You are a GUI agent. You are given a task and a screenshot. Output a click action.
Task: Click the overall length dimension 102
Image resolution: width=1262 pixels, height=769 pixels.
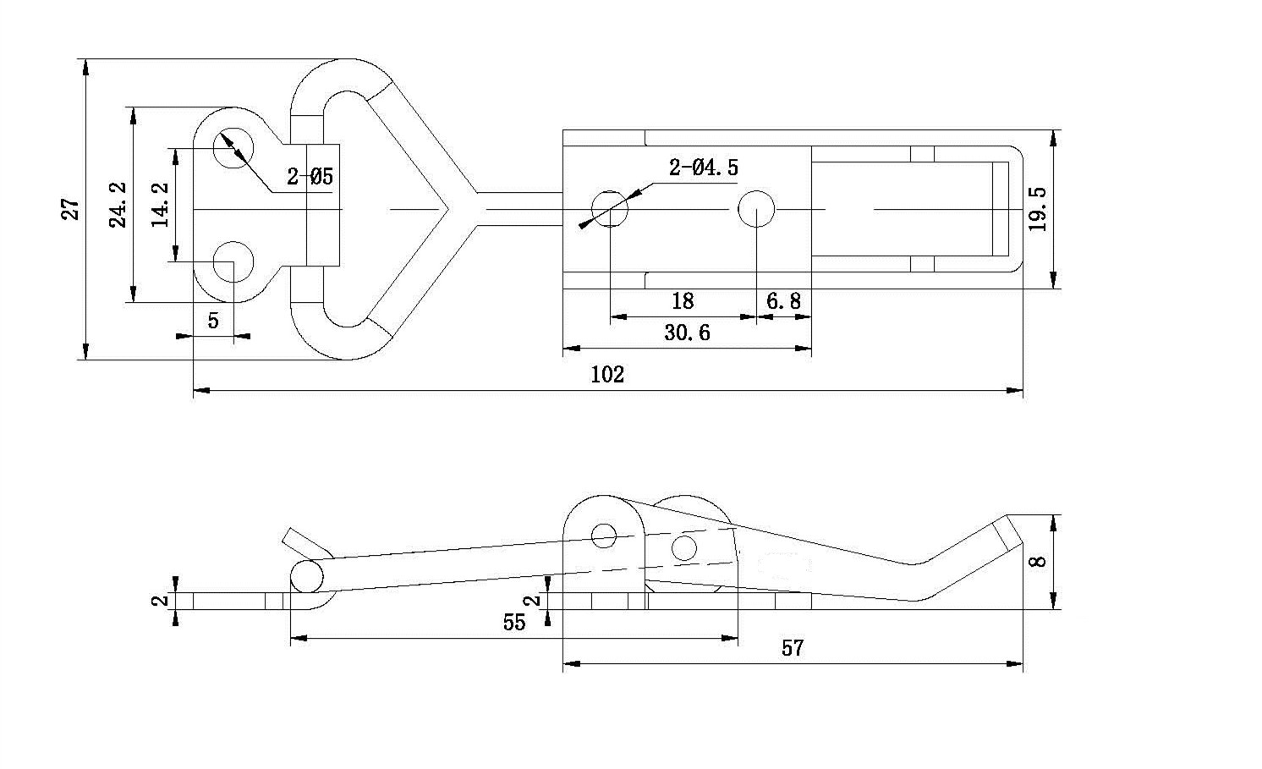pyautogui.click(x=607, y=375)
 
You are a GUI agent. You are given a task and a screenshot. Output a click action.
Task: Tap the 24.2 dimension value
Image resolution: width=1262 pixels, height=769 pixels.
pyautogui.click(x=118, y=205)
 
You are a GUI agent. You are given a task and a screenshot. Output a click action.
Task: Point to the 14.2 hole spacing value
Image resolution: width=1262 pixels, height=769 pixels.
pyautogui.click(x=161, y=205)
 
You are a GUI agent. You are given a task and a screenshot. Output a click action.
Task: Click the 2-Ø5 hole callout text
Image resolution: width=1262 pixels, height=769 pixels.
pyautogui.click(x=310, y=176)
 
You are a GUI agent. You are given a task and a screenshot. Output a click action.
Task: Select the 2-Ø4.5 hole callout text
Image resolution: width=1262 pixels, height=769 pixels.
pyautogui.click(x=703, y=168)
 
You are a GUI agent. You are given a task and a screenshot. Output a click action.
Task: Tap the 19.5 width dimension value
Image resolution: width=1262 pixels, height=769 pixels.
pyautogui.click(x=1037, y=208)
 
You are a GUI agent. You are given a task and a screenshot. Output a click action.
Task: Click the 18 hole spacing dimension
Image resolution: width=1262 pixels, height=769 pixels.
pyautogui.click(x=683, y=301)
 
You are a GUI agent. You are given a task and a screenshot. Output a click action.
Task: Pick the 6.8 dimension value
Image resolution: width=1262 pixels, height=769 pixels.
pyautogui.click(x=783, y=301)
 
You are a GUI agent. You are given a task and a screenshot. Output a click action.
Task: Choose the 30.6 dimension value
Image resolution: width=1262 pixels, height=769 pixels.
pyautogui.click(x=687, y=332)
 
